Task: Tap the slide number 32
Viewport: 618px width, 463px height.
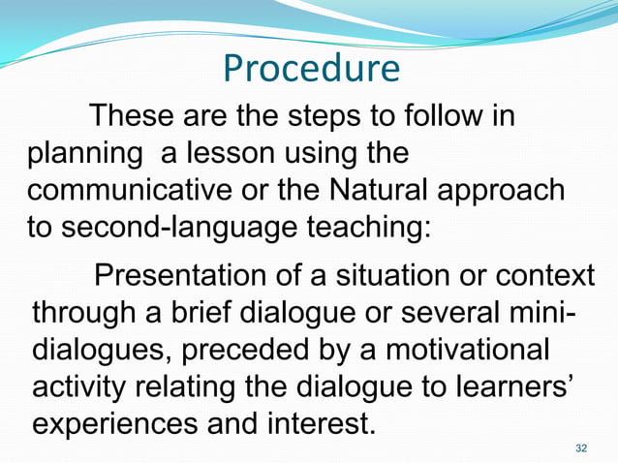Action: (581, 447)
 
